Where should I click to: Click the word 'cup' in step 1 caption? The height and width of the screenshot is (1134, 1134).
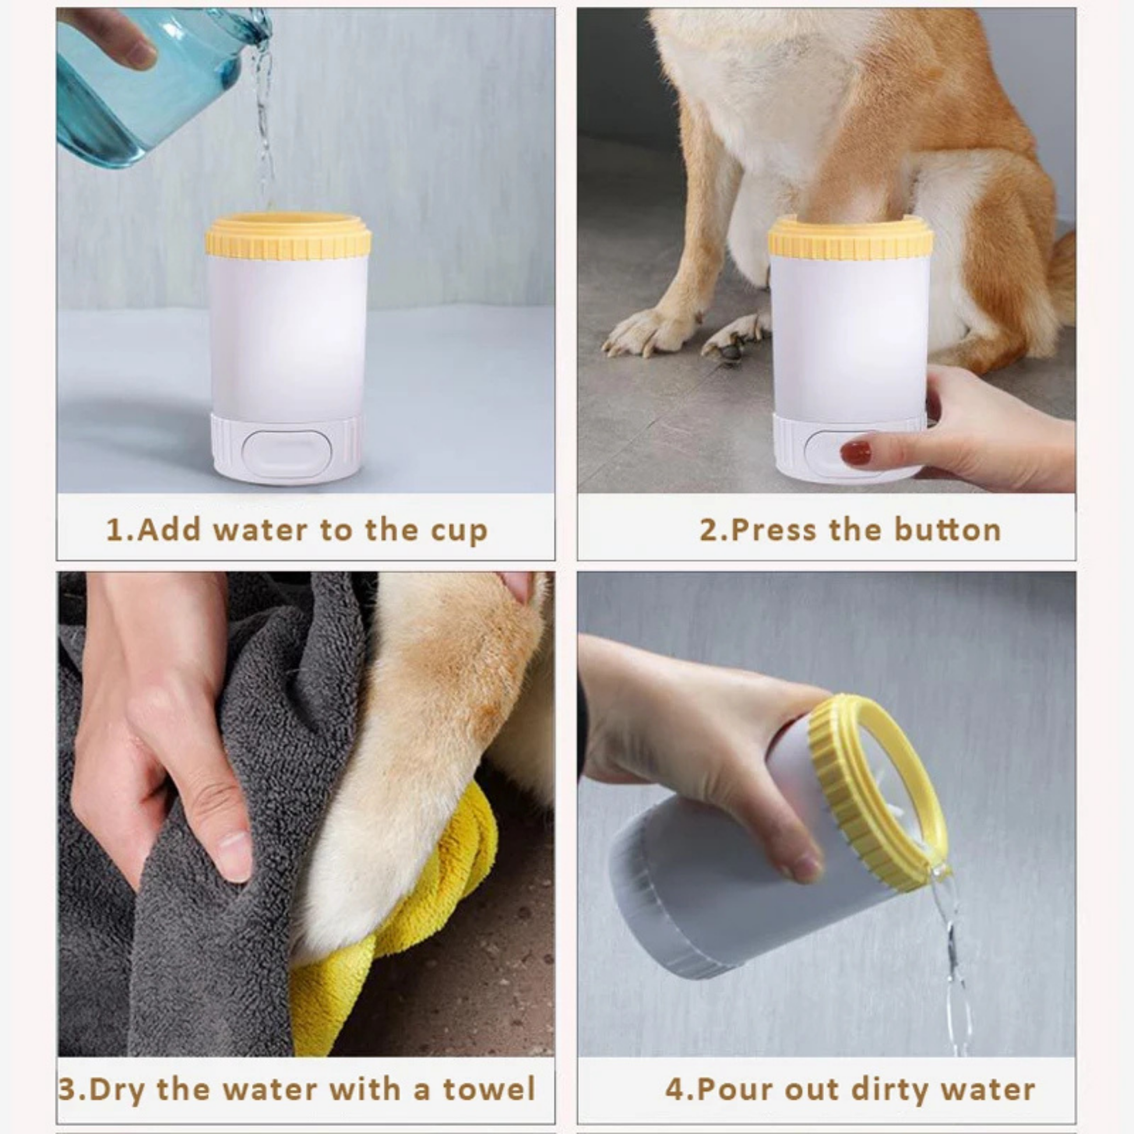459,531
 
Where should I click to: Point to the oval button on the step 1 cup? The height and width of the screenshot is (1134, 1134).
287,454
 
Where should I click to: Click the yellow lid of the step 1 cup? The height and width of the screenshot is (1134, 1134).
288,238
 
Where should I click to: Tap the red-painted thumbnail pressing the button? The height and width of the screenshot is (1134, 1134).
855,453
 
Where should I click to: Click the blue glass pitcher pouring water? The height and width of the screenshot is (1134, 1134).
147,82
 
